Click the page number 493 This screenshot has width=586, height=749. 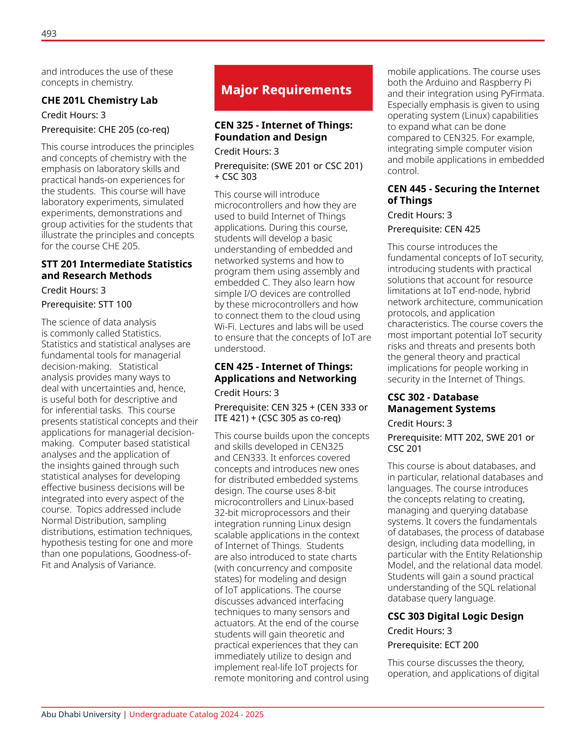pos(49,33)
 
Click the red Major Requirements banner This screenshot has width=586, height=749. pos(293,88)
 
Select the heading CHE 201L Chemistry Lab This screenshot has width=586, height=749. pos(99,100)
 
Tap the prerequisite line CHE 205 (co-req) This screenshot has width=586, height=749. pos(105,130)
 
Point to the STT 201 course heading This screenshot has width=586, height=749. pos(117,270)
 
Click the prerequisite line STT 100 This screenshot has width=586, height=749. pos(86,305)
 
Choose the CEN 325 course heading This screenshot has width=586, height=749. pos(283,131)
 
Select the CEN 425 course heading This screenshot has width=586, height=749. pos(285,372)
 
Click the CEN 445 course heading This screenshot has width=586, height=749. pos(463,195)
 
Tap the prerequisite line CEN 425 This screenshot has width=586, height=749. pos(434,229)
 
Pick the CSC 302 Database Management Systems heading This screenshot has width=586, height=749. pos(441,403)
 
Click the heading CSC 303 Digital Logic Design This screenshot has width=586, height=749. pos(455,616)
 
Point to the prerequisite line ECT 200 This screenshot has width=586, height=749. pos(433,645)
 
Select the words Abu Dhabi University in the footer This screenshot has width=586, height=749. pos(81,715)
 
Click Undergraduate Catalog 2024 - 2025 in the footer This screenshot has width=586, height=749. pos(196,715)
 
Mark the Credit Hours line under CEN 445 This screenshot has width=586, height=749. pos(419,215)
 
